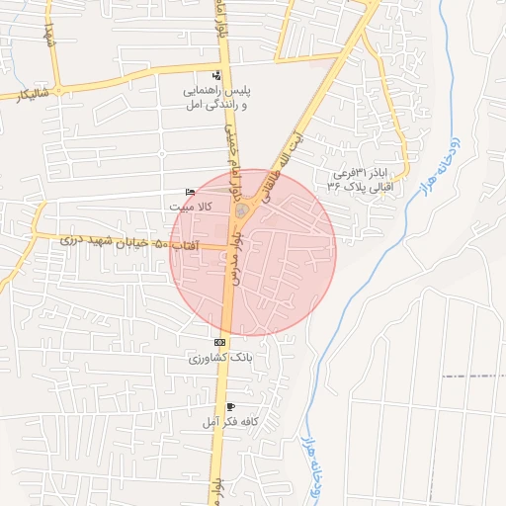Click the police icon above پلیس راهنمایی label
(x=217, y=76)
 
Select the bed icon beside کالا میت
(x=190, y=193)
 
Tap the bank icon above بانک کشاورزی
(x=218, y=342)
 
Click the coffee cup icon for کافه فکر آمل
(x=230, y=406)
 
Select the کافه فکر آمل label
(x=230, y=421)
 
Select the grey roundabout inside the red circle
(x=240, y=211)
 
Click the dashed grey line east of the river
(x=474, y=377)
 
